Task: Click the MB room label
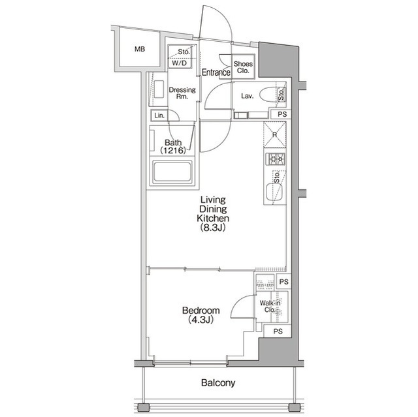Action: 140,49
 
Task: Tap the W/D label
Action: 179,63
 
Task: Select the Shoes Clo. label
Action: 243,67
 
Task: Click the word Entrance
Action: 216,72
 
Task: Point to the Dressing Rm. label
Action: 182,93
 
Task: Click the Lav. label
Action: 247,96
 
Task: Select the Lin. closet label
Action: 159,116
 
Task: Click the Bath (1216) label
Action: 173,146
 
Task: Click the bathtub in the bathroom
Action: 172,172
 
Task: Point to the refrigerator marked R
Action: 274,134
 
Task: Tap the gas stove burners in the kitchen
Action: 276,159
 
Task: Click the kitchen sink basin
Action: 274,192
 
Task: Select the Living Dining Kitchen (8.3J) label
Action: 213,213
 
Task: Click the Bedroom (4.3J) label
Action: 201,315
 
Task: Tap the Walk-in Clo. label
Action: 270,307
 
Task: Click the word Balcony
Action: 218,382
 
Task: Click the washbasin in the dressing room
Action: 159,89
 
